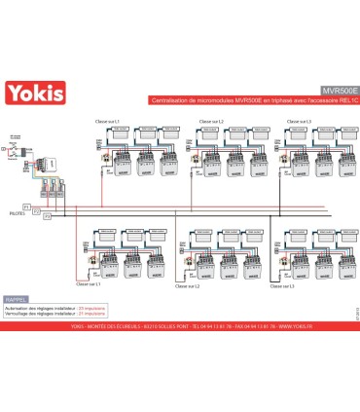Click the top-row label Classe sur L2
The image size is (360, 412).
click(212, 121)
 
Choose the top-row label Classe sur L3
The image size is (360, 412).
click(298, 121)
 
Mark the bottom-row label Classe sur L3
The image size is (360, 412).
click(281, 285)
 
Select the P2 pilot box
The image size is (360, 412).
click(44, 212)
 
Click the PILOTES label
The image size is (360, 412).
click(18, 210)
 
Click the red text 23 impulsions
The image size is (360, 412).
click(91, 308)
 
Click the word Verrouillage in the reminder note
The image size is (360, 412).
click(18, 314)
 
